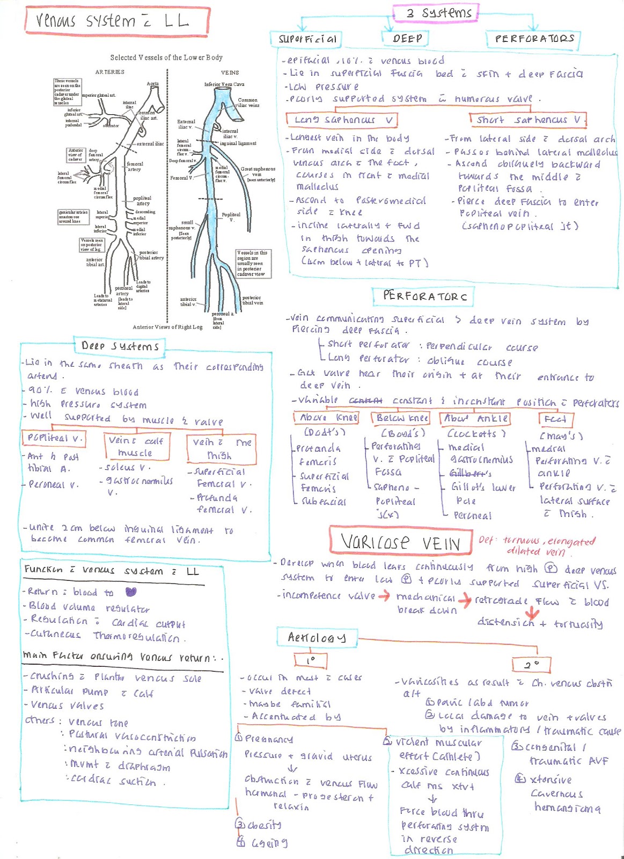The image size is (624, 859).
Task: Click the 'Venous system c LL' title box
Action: (116, 21)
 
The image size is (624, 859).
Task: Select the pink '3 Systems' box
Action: (435, 12)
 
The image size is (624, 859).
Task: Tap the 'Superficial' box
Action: (306, 39)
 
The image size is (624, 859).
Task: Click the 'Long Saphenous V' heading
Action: (344, 120)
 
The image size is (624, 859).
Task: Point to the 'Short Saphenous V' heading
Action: (528, 120)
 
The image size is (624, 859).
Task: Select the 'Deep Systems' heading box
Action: (120, 346)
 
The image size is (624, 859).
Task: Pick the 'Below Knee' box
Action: (402, 418)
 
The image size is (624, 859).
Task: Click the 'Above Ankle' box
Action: (475, 418)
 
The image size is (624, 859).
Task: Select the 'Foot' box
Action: (555, 419)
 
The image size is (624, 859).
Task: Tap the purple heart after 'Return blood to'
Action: (130, 592)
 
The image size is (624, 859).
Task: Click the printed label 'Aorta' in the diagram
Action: (153, 84)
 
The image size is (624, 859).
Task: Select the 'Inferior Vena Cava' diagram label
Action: (224, 84)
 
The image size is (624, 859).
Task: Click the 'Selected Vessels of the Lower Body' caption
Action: (166, 57)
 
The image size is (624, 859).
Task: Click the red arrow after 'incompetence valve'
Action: (384, 596)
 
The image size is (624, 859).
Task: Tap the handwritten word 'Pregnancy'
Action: (269, 739)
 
